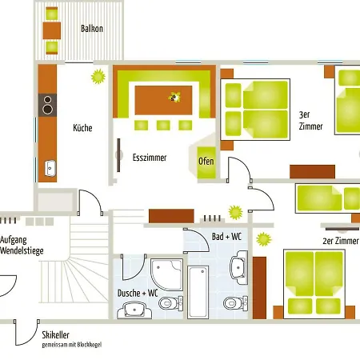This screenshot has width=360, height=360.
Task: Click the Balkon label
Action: pyautogui.click(x=92, y=29)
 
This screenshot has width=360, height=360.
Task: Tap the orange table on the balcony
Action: pyautogui.click(x=52, y=30)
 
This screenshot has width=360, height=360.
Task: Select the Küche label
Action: pyautogui.click(x=82, y=128)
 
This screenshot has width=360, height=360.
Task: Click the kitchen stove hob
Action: pyautogui.click(x=47, y=105)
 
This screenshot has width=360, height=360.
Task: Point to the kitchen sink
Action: pyautogui.click(x=50, y=168)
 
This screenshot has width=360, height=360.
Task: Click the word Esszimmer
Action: pyautogui.click(x=150, y=158)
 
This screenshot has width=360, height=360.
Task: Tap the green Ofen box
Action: pyautogui.click(x=206, y=162)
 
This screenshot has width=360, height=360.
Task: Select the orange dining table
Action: pyautogui.click(x=163, y=100)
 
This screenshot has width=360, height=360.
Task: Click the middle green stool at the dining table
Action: pyautogui.click(x=163, y=125)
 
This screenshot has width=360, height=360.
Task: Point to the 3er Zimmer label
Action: pyautogui.click(x=310, y=120)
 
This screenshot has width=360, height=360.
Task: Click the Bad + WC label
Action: pyautogui.click(x=226, y=237)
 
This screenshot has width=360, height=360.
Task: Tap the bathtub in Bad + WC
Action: pyautogui.click(x=198, y=292)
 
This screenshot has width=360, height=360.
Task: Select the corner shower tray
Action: pyautogui.click(x=167, y=274)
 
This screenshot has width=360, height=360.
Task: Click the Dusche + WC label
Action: pyautogui.click(x=138, y=293)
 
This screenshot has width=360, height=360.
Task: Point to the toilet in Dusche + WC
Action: pyautogui.click(x=171, y=303)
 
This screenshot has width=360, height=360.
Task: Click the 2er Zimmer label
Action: pyautogui.click(x=341, y=241)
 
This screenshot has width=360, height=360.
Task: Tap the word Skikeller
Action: pyautogui.click(x=55, y=334)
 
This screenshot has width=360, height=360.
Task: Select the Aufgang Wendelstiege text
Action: pyautogui.click(x=22, y=246)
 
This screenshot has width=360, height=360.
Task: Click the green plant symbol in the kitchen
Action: pyautogui.click(x=98, y=77)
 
